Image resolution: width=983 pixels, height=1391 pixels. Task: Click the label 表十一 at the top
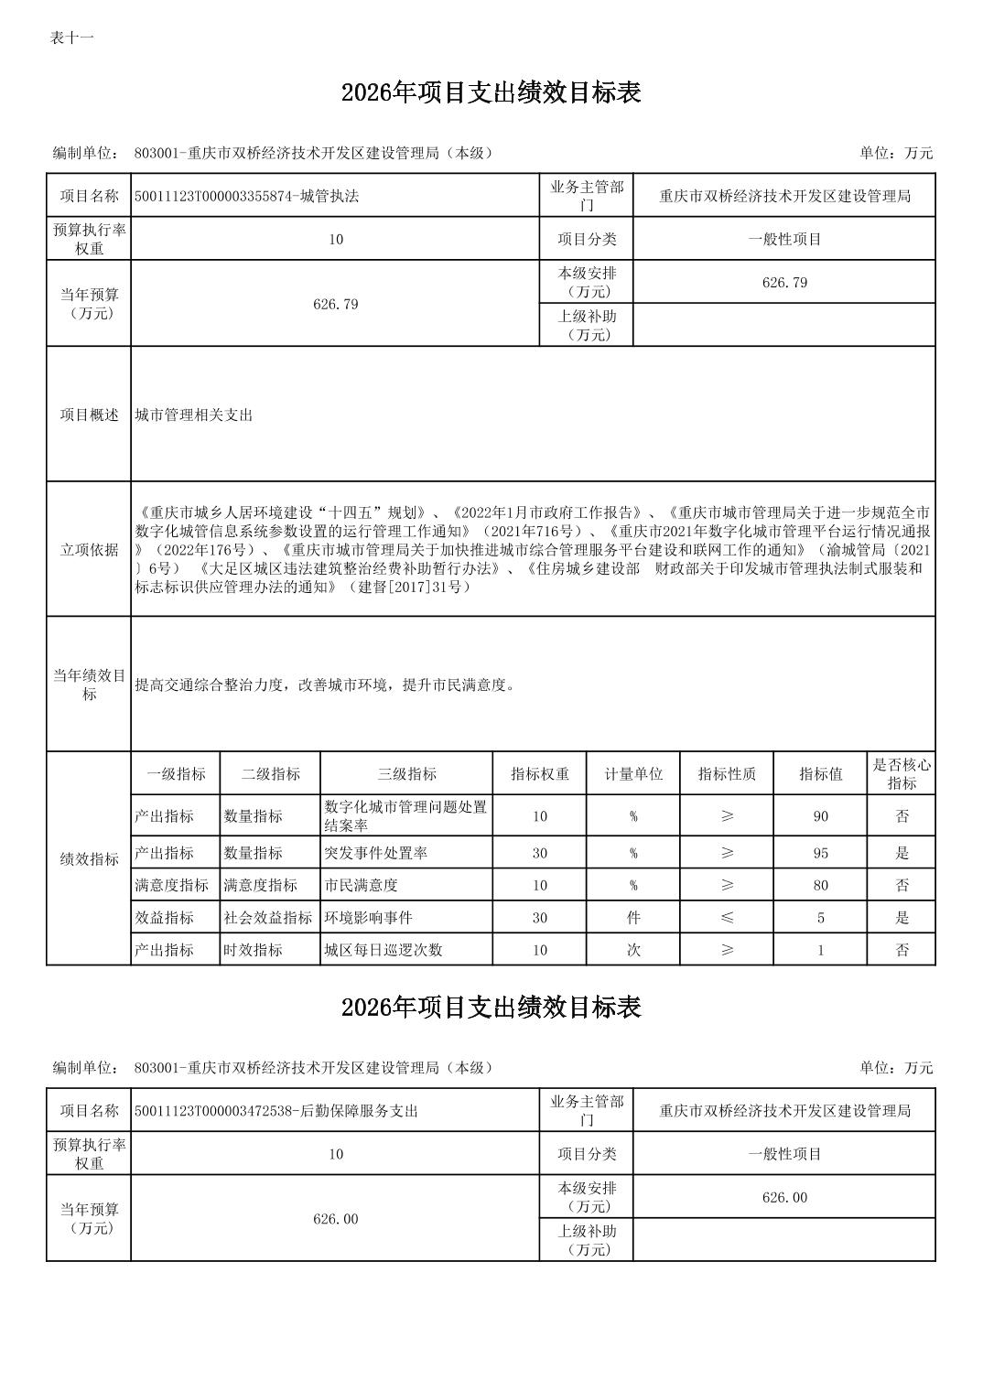71,38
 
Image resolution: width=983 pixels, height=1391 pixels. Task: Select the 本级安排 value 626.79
784,283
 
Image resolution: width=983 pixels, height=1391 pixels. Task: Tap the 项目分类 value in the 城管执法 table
784,239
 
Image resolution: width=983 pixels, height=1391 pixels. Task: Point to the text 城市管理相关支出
193,415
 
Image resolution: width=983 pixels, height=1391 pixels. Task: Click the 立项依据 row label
89,549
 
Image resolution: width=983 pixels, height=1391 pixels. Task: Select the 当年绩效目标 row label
89,685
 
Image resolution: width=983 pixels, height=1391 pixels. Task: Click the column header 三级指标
406,774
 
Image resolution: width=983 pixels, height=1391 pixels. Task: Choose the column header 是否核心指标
902,774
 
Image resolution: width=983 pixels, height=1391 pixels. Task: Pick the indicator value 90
820,816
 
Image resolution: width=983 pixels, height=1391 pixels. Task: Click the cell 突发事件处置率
375,853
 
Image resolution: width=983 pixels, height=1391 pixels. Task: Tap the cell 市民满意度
361,885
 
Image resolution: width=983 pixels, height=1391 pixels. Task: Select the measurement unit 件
633,917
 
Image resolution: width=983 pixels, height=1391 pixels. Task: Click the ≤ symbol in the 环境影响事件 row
727,917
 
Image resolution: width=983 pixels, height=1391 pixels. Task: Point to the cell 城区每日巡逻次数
383,950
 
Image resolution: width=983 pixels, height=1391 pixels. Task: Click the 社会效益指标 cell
268,917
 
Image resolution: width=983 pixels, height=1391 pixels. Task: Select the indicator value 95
820,853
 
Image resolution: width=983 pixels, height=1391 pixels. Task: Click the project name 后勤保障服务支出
275,1111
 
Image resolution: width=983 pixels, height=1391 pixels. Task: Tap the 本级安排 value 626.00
784,1198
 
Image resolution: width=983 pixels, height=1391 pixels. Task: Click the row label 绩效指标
89,859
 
